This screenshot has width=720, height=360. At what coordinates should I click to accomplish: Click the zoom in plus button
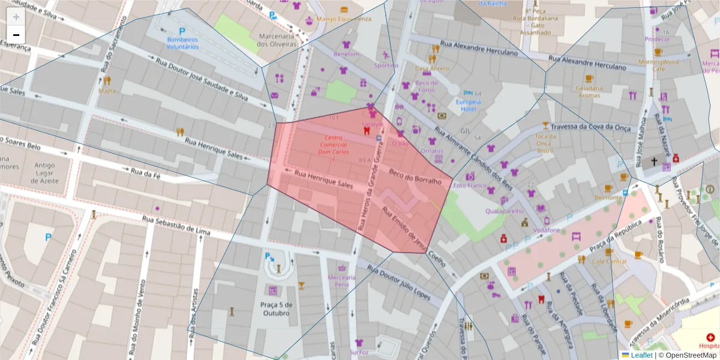coord(16,17)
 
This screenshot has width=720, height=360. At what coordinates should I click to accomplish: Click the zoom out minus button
coord(16,35)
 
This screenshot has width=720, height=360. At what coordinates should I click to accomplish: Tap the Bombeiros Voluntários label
coord(182,43)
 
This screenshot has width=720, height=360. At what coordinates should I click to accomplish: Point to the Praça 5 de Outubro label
coord(277,309)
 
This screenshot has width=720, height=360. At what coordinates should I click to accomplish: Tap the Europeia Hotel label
coord(469,105)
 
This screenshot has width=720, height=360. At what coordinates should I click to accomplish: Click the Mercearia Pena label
coord(342,281)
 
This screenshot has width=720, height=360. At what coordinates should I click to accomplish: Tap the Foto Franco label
coord(470,185)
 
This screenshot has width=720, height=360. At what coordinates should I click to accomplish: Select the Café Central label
coord(609,262)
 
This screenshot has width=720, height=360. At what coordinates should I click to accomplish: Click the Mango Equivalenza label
coord(344,19)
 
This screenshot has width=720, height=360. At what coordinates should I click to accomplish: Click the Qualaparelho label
coord(505,211)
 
